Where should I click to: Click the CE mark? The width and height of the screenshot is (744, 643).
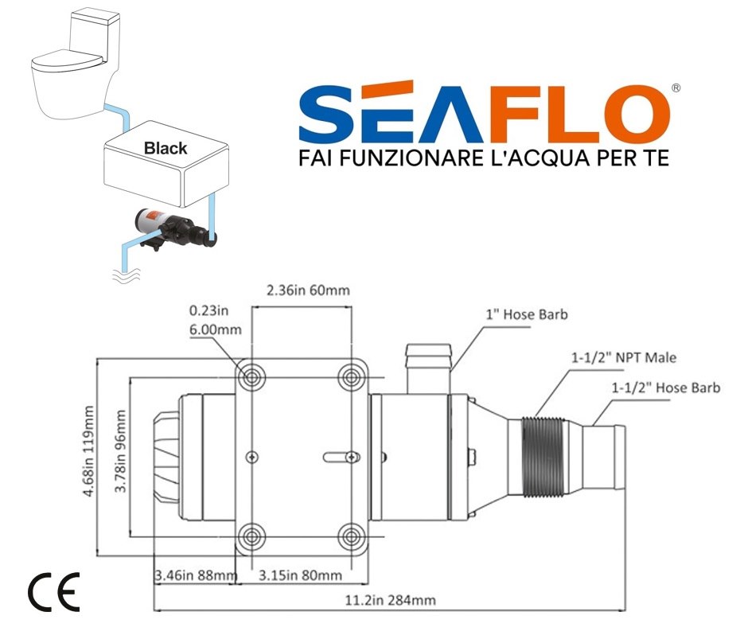tap(54, 590)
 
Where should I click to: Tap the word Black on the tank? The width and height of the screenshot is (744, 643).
tap(166, 148)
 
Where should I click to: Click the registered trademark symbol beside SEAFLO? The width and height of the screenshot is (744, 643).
tap(676, 89)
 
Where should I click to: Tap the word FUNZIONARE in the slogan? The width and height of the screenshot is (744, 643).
tap(406, 158)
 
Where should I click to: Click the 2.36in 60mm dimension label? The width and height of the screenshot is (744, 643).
tap(306, 290)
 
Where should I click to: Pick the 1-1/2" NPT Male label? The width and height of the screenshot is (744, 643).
tap(623, 357)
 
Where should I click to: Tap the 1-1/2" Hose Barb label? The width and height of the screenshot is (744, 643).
tap(666, 388)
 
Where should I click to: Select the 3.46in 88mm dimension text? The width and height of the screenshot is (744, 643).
tap(195, 575)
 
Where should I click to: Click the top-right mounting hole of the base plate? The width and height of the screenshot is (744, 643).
tap(350, 377)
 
